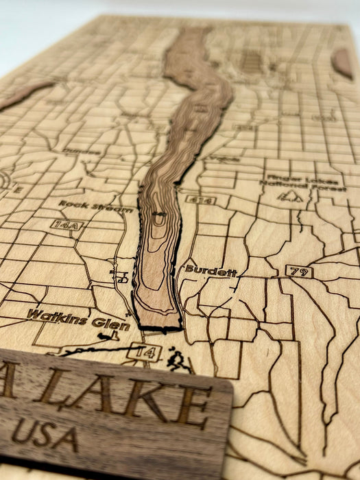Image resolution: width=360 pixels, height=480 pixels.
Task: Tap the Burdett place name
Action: [211, 271]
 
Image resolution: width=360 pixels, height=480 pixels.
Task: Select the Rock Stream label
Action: [95, 205]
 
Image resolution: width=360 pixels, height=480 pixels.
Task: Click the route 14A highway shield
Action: [67, 224]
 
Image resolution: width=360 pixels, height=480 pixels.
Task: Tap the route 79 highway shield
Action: [299, 272]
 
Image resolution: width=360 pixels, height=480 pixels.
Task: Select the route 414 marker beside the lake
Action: [201, 200]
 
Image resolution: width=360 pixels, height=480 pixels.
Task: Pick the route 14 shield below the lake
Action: [145, 353]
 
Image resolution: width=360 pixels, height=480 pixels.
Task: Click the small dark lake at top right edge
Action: [342, 63]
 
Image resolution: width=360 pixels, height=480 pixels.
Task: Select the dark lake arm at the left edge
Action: [24, 95]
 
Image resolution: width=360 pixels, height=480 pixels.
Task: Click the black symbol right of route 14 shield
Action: [179, 359]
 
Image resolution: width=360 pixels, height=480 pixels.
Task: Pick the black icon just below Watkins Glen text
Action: [106, 336]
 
